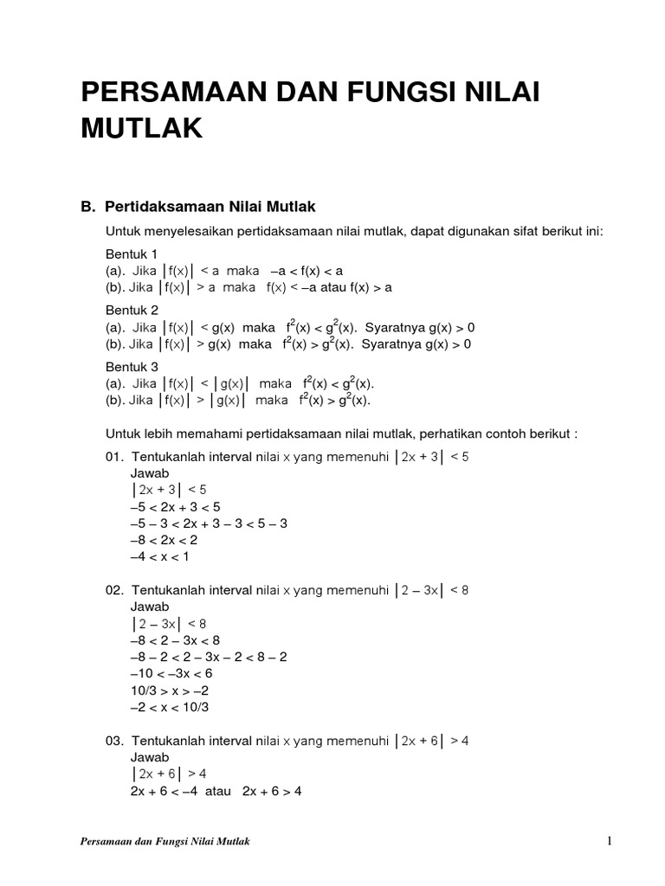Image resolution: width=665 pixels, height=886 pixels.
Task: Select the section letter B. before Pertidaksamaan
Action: (87, 207)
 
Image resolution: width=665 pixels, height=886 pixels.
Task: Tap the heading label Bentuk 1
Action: (132, 254)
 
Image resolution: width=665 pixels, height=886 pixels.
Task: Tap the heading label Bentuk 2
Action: (132, 310)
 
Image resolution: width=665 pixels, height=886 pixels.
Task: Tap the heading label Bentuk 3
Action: (132, 366)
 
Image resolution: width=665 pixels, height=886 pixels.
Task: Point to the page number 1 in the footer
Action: (610, 842)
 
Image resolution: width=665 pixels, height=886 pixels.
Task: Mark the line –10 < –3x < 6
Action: (171, 673)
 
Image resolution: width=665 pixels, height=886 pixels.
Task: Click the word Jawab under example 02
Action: (150, 607)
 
